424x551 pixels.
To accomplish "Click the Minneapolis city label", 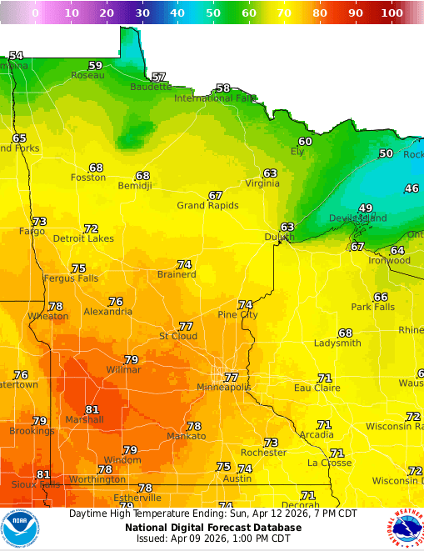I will coord(223,388).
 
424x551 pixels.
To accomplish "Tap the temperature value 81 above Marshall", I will coord(92,409).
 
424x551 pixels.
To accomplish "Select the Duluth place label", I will coord(279,238).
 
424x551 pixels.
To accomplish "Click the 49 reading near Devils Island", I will coord(366,208).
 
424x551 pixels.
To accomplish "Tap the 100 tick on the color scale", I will coord(392,13).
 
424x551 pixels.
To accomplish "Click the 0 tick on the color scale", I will coord(35,13).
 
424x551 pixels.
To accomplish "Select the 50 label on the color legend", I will coord(214,13).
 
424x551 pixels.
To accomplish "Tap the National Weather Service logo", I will coord(405,528).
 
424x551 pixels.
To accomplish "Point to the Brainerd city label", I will coord(177,275).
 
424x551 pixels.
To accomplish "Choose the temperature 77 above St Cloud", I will coord(186,326).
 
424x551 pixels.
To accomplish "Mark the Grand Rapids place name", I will coord(207,206).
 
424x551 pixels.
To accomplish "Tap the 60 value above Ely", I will coord(305,142).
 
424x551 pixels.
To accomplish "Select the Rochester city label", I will coord(263,453).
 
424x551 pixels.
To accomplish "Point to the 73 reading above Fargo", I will coord(39,221).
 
